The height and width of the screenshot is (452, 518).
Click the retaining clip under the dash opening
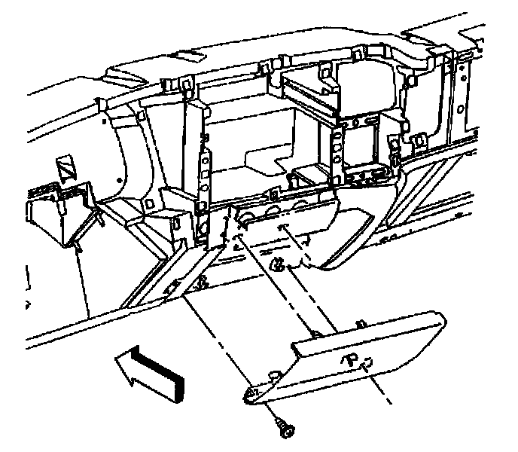279,263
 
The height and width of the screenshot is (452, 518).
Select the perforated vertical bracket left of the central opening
202,173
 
